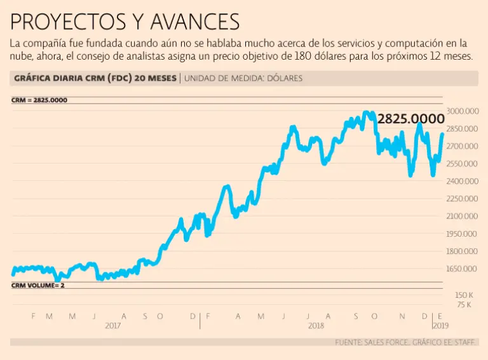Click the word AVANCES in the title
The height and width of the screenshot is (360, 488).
click(x=195, y=22)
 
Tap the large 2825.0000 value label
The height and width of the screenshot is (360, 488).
click(x=410, y=119)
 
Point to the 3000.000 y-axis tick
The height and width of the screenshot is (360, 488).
click(x=462, y=111)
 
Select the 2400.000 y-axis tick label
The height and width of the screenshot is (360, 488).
click(x=462, y=182)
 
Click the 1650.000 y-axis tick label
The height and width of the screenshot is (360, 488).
click(x=462, y=269)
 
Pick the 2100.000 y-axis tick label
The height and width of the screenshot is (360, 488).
click(x=462, y=217)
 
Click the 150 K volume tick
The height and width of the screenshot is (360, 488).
click(x=463, y=295)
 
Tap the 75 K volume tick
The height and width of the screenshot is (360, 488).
click(x=464, y=305)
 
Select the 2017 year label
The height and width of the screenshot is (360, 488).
click(x=112, y=325)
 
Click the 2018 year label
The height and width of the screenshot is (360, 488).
click(x=316, y=325)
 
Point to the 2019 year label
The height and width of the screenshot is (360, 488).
click(x=440, y=325)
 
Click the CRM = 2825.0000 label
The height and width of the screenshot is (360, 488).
click(x=39, y=100)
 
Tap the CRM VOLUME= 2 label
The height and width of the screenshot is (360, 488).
click(x=38, y=286)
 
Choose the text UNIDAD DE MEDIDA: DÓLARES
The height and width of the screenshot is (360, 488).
click(x=243, y=79)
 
